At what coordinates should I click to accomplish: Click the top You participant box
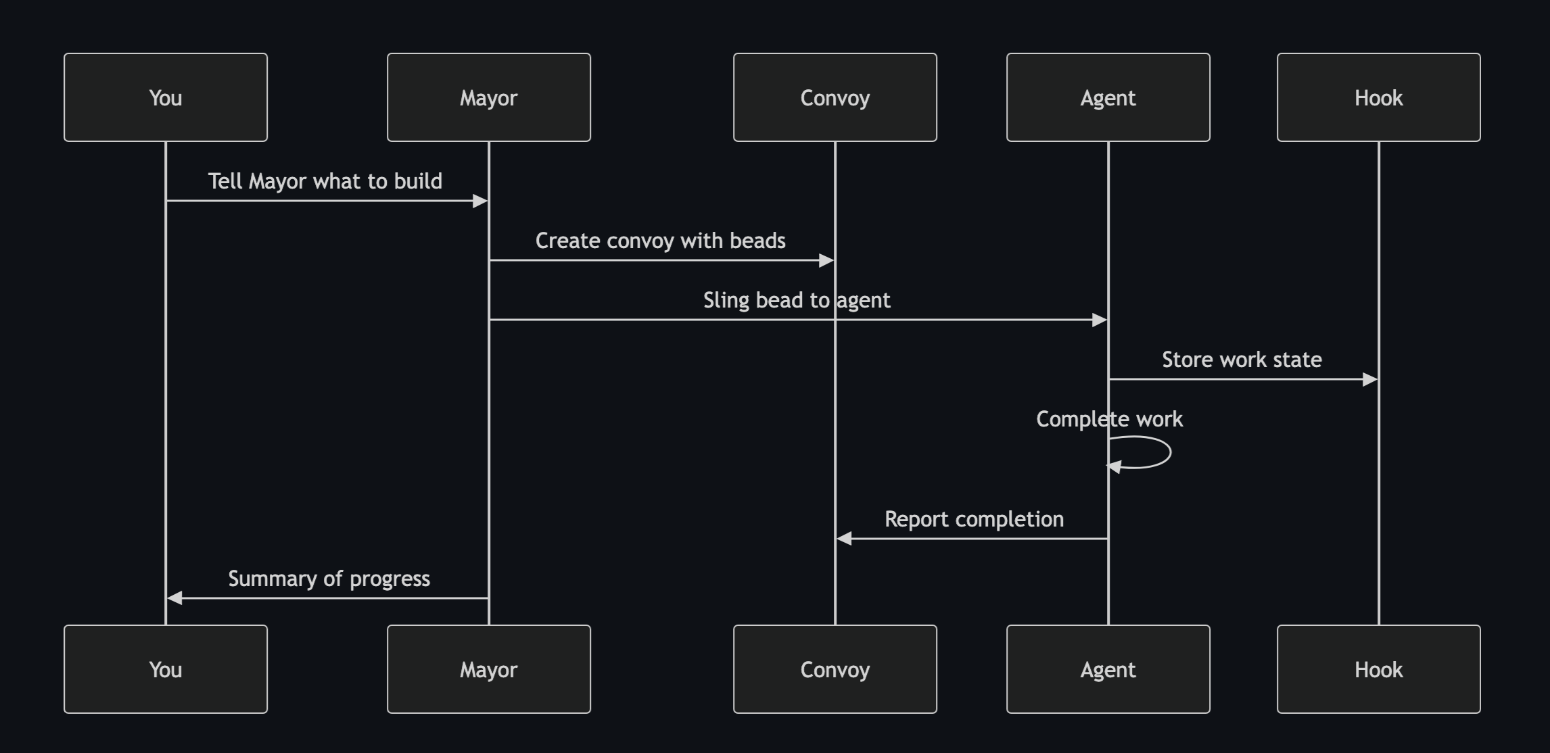pyautogui.click(x=166, y=97)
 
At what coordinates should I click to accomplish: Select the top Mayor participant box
pyautogui.click(x=488, y=97)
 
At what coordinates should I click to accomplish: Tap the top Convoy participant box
pyautogui.click(x=835, y=97)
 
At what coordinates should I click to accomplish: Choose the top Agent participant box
pyautogui.click(x=1108, y=97)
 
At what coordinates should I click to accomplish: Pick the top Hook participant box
pyautogui.click(x=1378, y=97)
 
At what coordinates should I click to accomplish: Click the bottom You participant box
pyautogui.click(x=166, y=669)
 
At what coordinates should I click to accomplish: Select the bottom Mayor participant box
pyautogui.click(x=488, y=669)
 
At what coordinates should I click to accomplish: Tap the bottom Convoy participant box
pyautogui.click(x=835, y=669)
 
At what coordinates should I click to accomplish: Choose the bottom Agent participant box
pyautogui.click(x=1108, y=669)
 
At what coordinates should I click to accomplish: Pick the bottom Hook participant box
pyautogui.click(x=1378, y=669)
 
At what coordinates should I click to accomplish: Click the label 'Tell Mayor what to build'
pyautogui.click(x=325, y=181)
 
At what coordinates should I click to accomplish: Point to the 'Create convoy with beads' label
pyautogui.click(x=660, y=241)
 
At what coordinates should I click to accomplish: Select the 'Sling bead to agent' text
pyautogui.click(x=797, y=300)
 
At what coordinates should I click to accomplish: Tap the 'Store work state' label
pyautogui.click(x=1242, y=360)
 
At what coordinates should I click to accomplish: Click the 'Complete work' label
pyautogui.click(x=1109, y=419)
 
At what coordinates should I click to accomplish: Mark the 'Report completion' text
pyautogui.click(x=974, y=519)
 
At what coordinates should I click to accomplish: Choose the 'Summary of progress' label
pyautogui.click(x=329, y=579)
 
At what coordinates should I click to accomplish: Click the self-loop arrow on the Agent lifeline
pyautogui.click(x=1169, y=452)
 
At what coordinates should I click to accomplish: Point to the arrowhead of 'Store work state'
pyautogui.click(x=1370, y=379)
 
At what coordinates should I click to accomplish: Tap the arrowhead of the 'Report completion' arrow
pyautogui.click(x=844, y=539)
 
